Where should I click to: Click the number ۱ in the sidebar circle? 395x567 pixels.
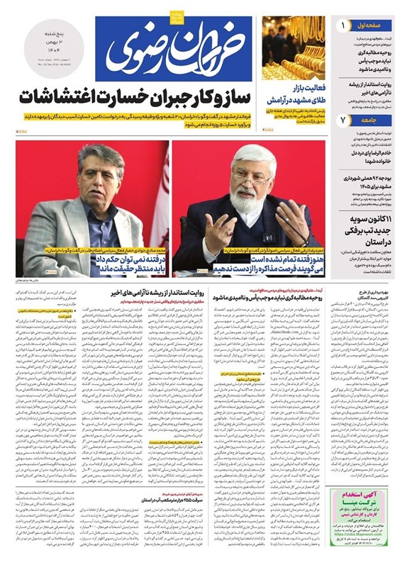click(344, 26)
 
